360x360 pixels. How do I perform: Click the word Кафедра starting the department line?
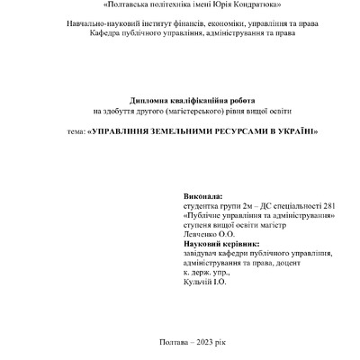click(x=106, y=33)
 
